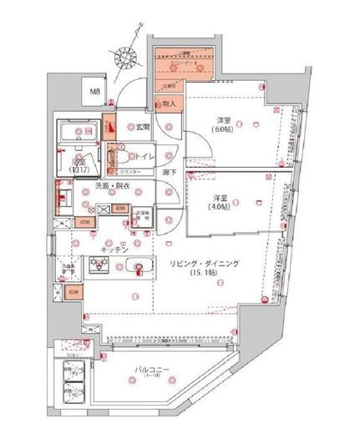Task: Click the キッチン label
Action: pyautogui.click(x=114, y=249)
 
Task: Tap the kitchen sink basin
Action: pyautogui.click(x=139, y=268)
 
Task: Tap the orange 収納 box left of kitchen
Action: pyautogui.click(x=84, y=223)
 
